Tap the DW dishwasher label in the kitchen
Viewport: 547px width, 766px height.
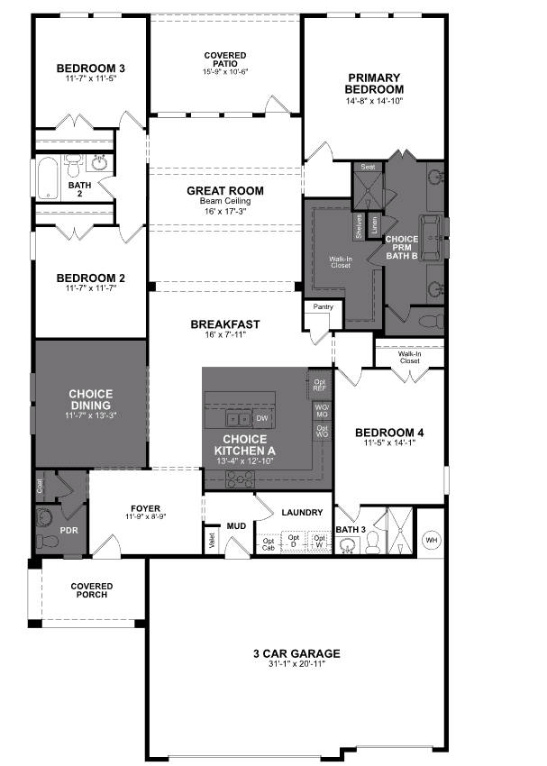(262, 418)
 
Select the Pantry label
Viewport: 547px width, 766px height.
(322, 307)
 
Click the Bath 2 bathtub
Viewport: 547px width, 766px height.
(47, 178)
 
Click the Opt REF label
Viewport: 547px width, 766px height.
(320, 385)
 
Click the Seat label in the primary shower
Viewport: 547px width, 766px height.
(368, 168)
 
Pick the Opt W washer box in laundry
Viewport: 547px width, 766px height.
(319, 542)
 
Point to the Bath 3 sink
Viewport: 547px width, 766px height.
(348, 543)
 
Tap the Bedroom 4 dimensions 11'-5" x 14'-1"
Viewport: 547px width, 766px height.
(388, 443)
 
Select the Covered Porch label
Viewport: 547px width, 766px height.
(92, 590)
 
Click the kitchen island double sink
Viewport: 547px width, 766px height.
(239, 418)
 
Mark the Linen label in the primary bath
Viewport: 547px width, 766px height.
(374, 222)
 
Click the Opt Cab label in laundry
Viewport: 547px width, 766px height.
(269, 544)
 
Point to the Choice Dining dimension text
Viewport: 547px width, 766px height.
(91, 415)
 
